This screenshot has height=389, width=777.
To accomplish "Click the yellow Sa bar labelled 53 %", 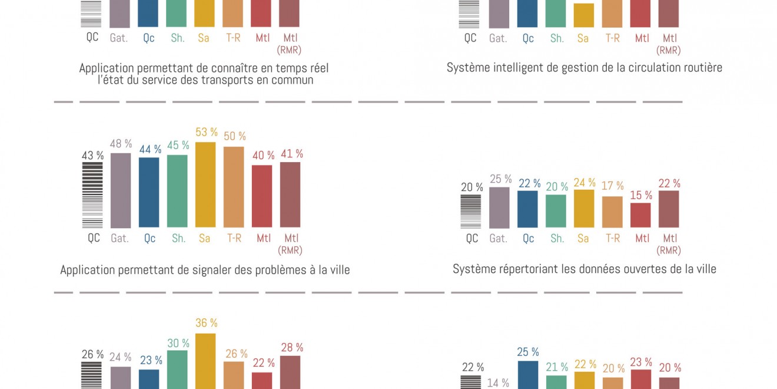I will tap(205, 184).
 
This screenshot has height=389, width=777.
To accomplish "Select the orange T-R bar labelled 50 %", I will tap(234, 187).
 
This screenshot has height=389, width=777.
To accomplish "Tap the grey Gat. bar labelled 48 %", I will tap(121, 190).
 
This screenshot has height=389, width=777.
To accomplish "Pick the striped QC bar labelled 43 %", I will tap(92, 195).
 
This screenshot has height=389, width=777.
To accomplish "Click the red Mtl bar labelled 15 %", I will tap(640, 215).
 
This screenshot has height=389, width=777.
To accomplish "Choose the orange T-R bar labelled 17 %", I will tap(612, 212).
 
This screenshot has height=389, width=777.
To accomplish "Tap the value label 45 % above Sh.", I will tap(178, 146).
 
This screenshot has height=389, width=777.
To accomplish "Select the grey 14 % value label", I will tap(498, 383).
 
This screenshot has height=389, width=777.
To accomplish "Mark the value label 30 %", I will tap(178, 343).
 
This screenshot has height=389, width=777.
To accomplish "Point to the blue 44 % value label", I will tap(150, 149).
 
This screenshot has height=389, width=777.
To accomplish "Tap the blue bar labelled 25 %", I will tap(527, 374).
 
